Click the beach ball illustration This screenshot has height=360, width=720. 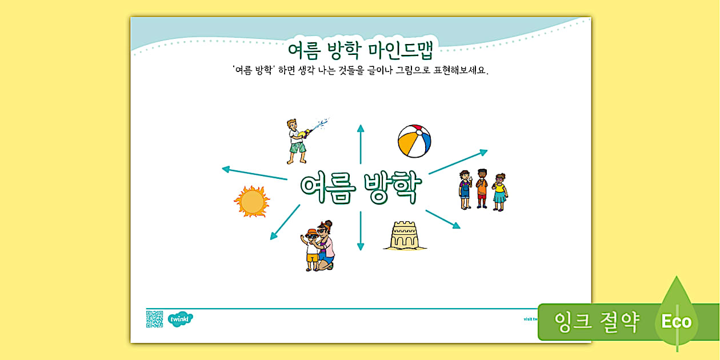pyautogui.click(x=414, y=141)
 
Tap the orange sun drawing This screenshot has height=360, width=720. pyautogui.click(x=251, y=202)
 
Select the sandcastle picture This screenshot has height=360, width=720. pyautogui.click(x=405, y=235)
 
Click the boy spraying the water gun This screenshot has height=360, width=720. pyautogui.click(x=297, y=141)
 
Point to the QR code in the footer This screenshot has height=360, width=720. pyautogui.click(x=154, y=319)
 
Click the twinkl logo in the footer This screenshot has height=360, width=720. pyautogui.click(x=180, y=319)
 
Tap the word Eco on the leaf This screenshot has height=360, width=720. pyautogui.click(x=677, y=322)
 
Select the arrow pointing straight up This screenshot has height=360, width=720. pyautogui.click(x=361, y=143)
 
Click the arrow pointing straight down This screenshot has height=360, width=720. pyautogui.click(x=361, y=231)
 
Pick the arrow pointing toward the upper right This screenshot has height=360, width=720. pyautogui.click(x=458, y=162)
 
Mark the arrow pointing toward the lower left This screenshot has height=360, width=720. pyautogui.click(x=285, y=222)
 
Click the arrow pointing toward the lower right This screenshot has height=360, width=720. pyautogui.click(x=443, y=219)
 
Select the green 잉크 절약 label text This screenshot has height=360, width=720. pyautogui.click(x=596, y=322)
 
